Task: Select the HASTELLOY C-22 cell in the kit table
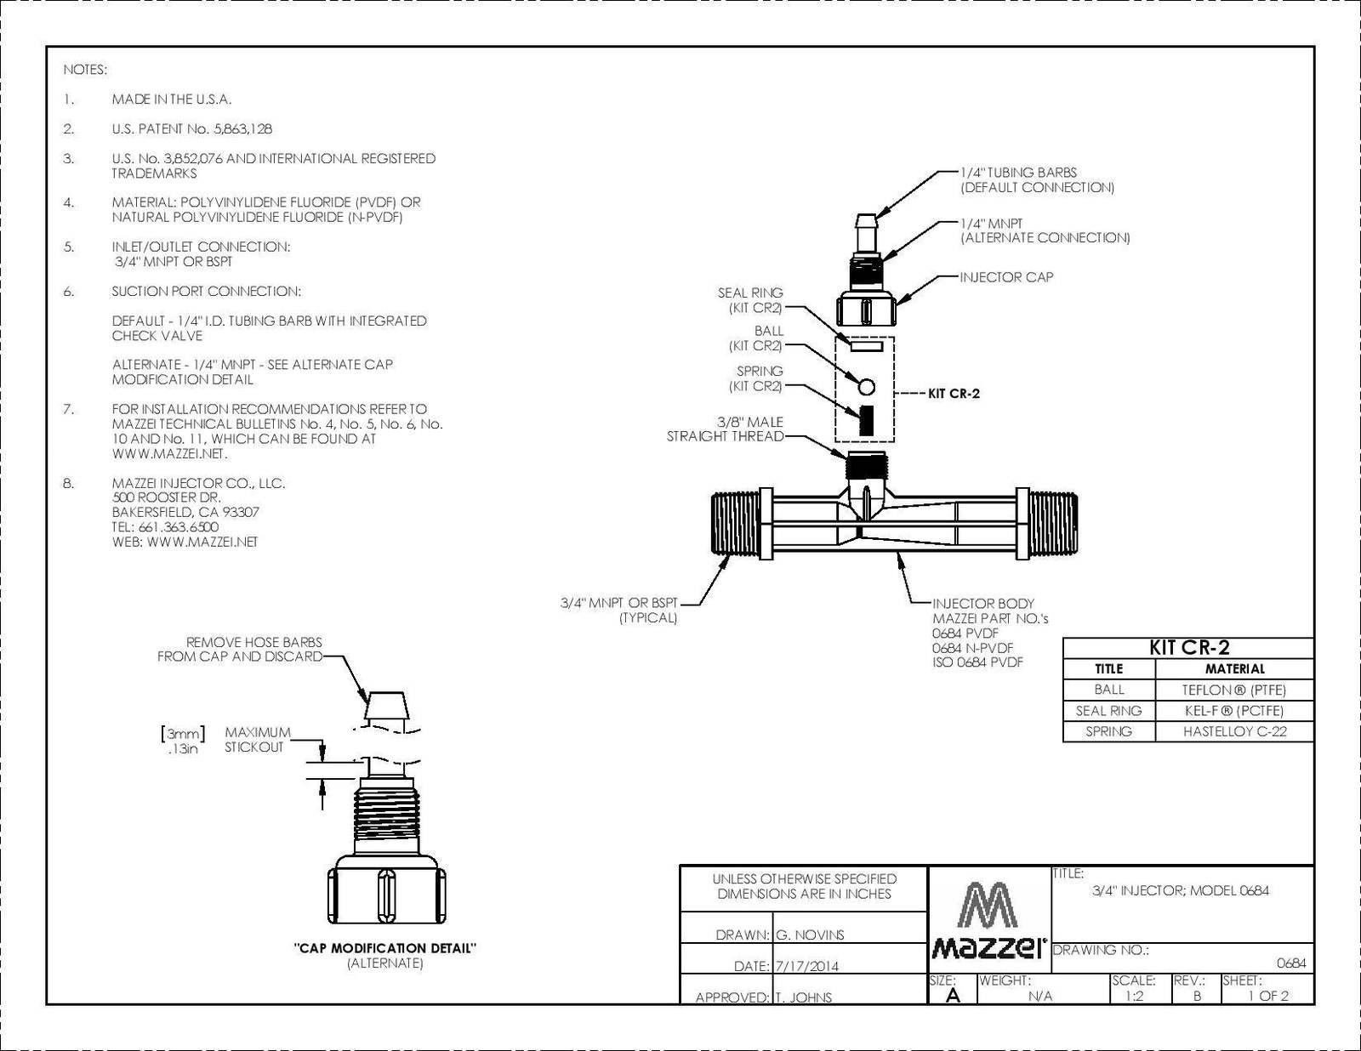tap(1234, 731)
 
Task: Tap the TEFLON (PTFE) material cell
tap(1234, 690)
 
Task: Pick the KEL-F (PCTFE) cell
tap(1234, 711)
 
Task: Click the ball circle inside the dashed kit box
tap(866, 387)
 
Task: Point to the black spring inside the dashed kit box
tap(866, 420)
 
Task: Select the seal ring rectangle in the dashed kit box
tap(866, 347)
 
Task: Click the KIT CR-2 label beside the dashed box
tap(954, 394)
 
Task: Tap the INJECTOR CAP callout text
tap(1006, 277)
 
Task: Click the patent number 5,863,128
tap(242, 129)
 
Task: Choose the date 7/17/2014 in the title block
tap(807, 966)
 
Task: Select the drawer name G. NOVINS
tap(810, 935)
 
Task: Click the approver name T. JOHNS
tap(804, 997)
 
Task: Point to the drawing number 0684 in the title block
tap(1290, 963)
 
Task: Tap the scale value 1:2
tap(1134, 997)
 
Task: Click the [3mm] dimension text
tap(183, 734)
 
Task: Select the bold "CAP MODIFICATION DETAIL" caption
tap(385, 948)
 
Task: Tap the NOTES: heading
tap(85, 70)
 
